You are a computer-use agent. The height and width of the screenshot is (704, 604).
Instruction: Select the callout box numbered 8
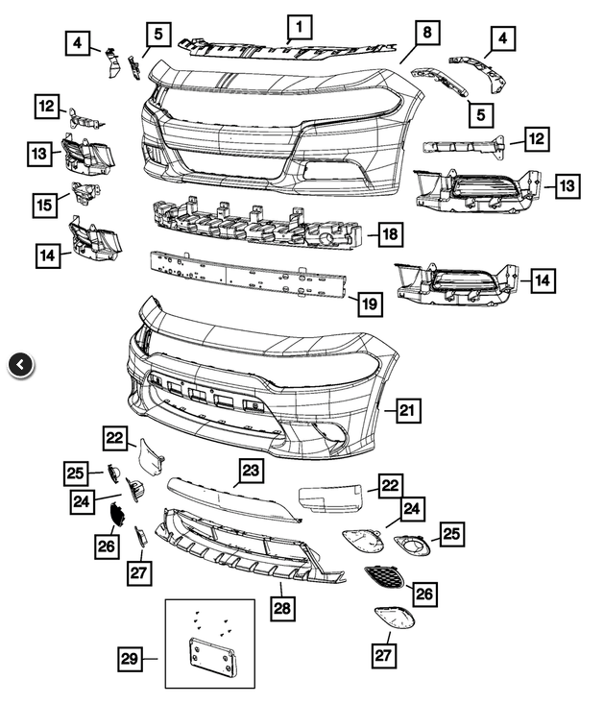coord(427,33)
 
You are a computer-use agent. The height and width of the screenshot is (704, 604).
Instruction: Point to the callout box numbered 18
coord(390,233)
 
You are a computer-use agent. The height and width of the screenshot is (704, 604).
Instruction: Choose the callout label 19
coord(370,305)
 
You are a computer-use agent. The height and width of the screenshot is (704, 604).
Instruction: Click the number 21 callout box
coord(408,411)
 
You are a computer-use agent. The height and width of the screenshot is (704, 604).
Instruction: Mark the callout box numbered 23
coord(251,472)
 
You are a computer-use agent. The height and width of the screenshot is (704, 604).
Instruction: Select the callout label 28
coord(282,607)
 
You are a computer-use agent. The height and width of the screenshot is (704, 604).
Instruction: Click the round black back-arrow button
coord(21,364)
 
